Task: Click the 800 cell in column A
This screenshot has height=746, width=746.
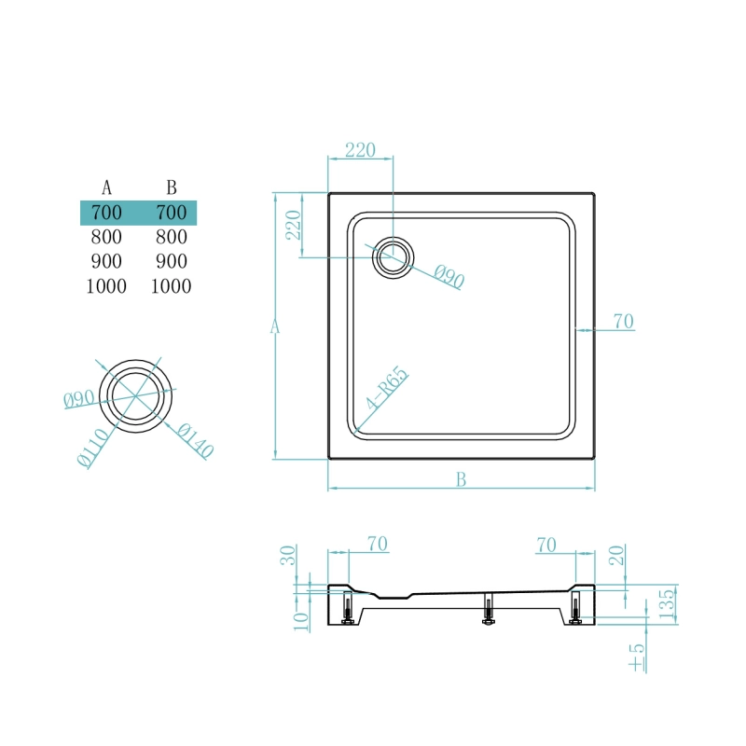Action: [106, 237]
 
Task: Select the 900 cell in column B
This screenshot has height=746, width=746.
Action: [172, 261]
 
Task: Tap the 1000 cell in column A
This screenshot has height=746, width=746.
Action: [106, 286]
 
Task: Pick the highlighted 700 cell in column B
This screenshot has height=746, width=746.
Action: [172, 213]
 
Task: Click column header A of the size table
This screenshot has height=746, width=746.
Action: [106, 187]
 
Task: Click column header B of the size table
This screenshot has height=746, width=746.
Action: [172, 187]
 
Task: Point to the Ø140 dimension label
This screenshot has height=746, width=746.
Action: [195, 441]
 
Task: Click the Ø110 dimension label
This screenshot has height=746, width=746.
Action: [92, 448]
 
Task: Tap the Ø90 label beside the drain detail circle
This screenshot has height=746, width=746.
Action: [78, 399]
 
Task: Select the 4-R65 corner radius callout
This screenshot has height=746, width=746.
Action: [387, 388]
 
